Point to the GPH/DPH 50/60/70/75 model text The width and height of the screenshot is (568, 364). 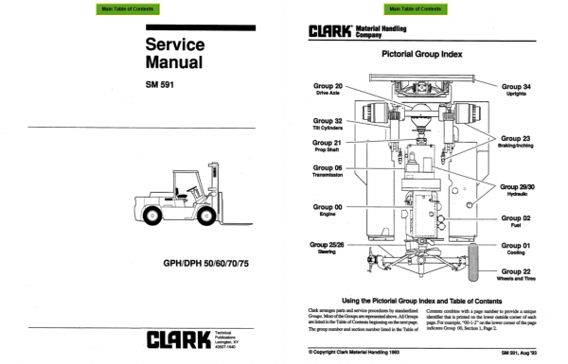click(x=203, y=262)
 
